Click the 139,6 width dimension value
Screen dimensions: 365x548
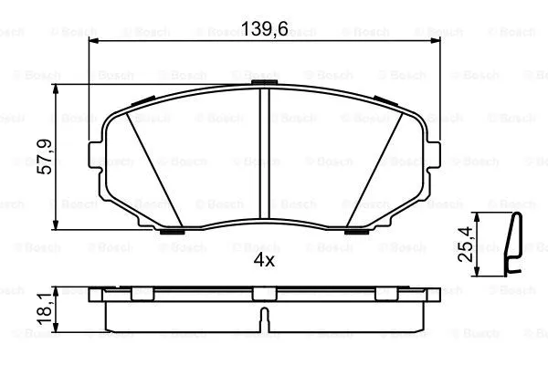pyautogui.click(x=263, y=29)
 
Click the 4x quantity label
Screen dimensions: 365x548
pyautogui.click(x=264, y=259)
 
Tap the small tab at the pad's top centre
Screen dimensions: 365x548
pyautogui.click(x=263, y=85)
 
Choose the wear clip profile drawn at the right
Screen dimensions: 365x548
pyautogui.click(x=514, y=243)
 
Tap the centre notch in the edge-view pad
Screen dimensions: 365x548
pyautogui.click(x=263, y=318)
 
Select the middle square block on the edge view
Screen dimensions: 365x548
pyautogui.click(x=263, y=293)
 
